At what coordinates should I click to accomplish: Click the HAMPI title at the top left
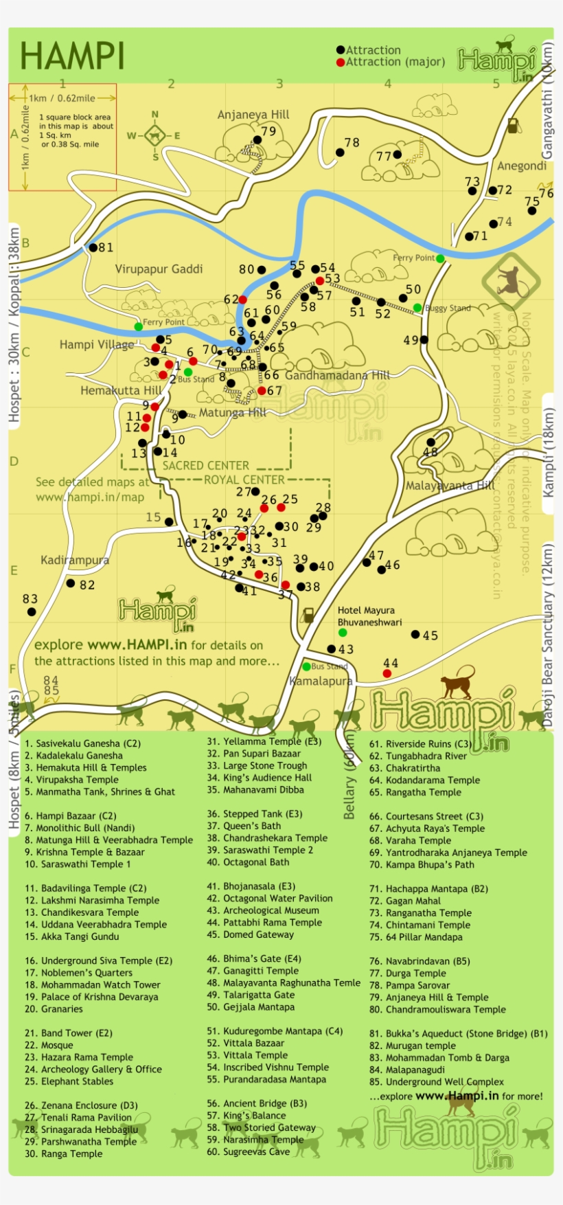coord(72,56)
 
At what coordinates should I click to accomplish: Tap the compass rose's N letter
coord(155,115)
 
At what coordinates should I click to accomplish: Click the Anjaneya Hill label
coord(253,115)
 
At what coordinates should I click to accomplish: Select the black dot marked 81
coord(93,247)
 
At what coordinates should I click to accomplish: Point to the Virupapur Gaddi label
coord(159,269)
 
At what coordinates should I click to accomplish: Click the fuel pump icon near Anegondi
coord(512,126)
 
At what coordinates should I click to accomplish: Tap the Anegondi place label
coord(521,166)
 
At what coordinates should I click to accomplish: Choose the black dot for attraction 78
coord(339,153)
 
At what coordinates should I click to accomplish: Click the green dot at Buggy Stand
coord(417,308)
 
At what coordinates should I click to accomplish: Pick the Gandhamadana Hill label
coord(337,376)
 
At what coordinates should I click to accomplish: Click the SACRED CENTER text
coord(206,466)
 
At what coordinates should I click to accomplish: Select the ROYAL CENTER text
coord(244,480)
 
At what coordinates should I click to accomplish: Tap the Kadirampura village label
coord(75,560)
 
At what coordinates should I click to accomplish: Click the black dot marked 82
coord(71,583)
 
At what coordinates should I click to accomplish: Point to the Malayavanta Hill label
coord(450,486)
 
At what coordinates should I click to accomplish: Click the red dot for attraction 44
coord(387,673)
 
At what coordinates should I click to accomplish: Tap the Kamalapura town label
coord(321,682)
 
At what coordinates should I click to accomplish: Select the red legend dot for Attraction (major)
coord(341,62)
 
